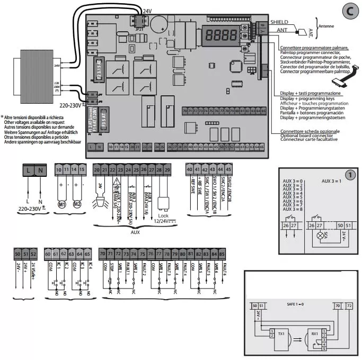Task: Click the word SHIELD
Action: click(x=280, y=22)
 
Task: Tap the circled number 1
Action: click(x=349, y=175)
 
